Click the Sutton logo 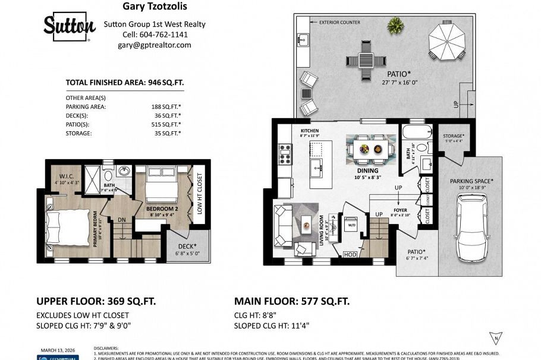(69, 26)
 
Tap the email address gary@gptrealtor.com (154, 45)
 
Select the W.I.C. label (66, 176)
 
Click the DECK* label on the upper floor (186, 247)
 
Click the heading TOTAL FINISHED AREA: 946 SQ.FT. (125, 83)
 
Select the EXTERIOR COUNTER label (339, 23)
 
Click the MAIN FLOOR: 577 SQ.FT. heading (291, 301)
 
